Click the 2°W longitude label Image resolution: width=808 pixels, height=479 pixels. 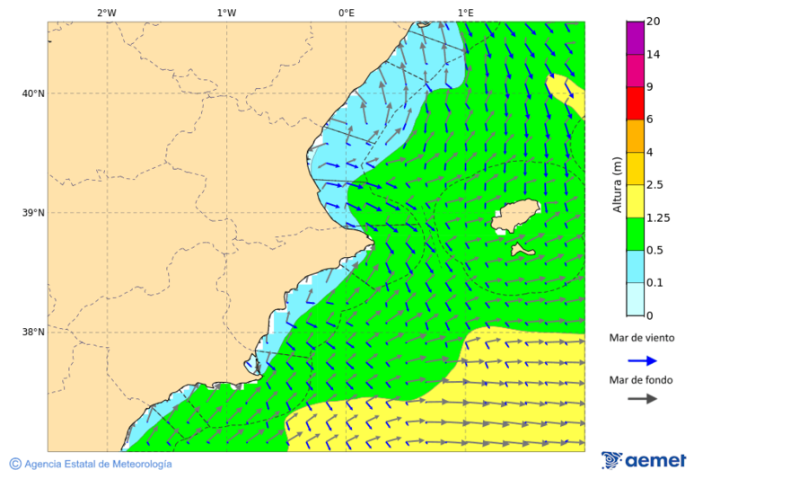(106, 13)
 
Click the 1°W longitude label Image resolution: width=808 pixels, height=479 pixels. (226, 13)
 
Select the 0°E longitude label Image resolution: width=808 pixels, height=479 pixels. (346, 13)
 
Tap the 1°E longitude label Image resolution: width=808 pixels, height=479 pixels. (466, 13)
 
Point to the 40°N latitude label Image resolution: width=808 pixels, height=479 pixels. (33, 93)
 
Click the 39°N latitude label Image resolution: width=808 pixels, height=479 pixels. (33, 213)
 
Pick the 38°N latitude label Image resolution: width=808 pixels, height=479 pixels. (33, 333)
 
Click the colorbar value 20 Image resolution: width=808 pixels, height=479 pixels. (654, 22)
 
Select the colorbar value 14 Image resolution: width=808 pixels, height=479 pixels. (654, 54)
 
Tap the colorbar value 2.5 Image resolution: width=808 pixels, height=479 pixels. (656, 185)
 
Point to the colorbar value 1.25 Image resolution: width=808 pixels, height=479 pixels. (659, 217)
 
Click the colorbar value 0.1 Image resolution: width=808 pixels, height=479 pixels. (656, 283)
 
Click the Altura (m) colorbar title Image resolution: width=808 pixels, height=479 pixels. (617, 185)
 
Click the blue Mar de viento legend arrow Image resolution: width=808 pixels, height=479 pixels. (642, 360)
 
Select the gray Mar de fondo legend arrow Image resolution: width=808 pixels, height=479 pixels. (642, 399)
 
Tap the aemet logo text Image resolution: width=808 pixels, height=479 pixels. (655, 461)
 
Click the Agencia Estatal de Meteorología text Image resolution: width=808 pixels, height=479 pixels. (98, 465)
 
